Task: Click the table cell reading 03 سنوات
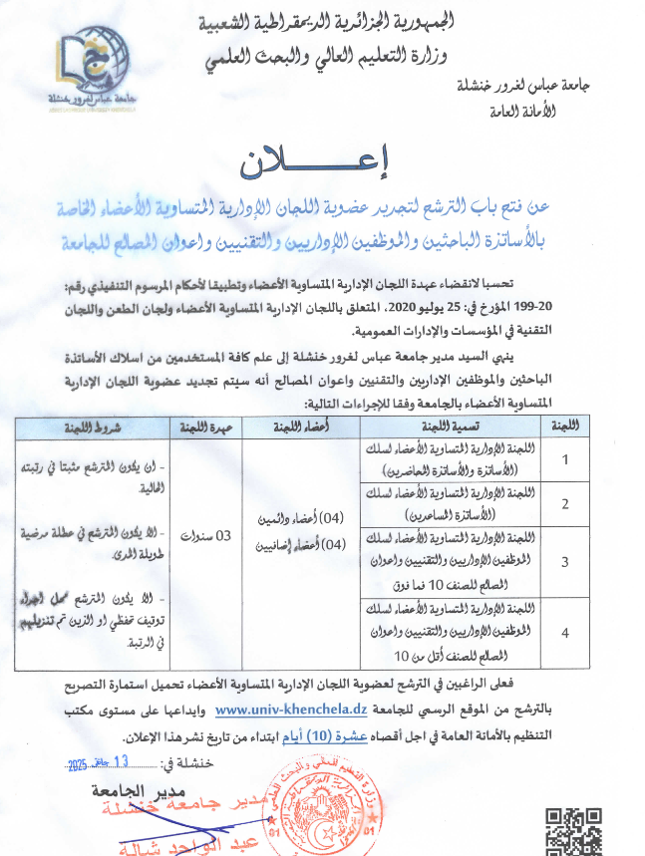click(x=211, y=536)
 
